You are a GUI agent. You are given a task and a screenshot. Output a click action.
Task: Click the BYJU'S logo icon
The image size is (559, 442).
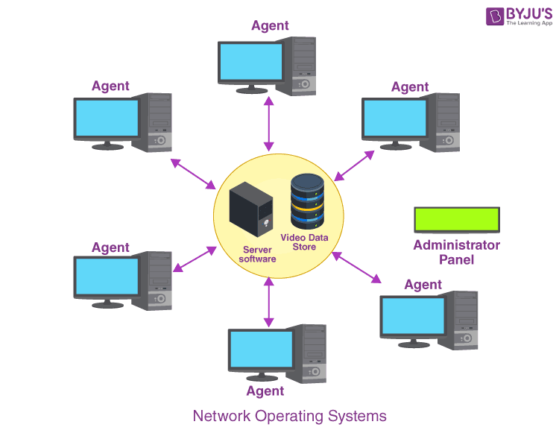[495, 17]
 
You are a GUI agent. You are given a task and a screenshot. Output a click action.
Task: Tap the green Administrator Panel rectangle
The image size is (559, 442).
[457, 219]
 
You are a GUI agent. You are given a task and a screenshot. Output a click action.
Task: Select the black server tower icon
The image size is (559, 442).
[249, 209]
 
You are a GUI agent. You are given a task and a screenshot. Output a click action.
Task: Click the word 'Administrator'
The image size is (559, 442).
[456, 244]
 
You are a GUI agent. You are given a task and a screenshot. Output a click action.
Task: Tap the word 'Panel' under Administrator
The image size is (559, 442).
[456, 259]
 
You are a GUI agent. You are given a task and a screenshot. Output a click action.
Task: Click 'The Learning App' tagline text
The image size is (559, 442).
[529, 23]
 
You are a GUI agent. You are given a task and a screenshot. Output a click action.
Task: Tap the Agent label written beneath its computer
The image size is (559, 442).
[265, 391]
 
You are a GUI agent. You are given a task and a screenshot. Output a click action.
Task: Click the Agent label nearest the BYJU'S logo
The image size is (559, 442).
[410, 86]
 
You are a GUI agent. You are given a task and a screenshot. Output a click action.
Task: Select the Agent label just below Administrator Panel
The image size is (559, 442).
[423, 284]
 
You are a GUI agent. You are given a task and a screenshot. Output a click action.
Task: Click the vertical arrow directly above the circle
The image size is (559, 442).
[267, 123]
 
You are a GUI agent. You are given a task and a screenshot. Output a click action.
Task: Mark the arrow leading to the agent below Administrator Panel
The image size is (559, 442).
[356, 267]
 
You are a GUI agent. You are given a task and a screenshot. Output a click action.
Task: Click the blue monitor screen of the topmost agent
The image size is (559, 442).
[251, 62]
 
